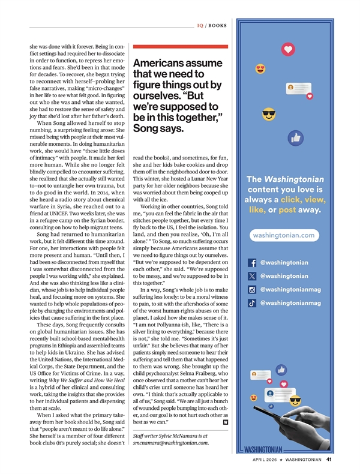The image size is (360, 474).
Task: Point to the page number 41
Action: tap(329, 461)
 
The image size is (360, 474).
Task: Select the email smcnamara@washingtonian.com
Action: tap(171, 443)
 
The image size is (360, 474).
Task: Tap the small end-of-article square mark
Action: tap(225, 422)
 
